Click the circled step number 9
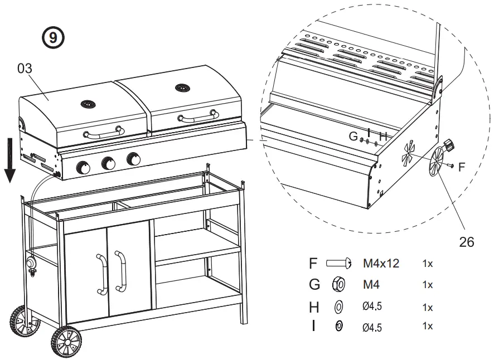54,38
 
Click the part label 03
25,69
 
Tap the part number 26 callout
467,242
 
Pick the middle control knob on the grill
108,164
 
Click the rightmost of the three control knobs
133,159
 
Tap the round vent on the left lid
88,104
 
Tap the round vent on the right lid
182,87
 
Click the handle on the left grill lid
103,133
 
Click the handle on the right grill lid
198,115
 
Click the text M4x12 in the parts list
381,263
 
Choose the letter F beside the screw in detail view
462,166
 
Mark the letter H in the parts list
314,306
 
